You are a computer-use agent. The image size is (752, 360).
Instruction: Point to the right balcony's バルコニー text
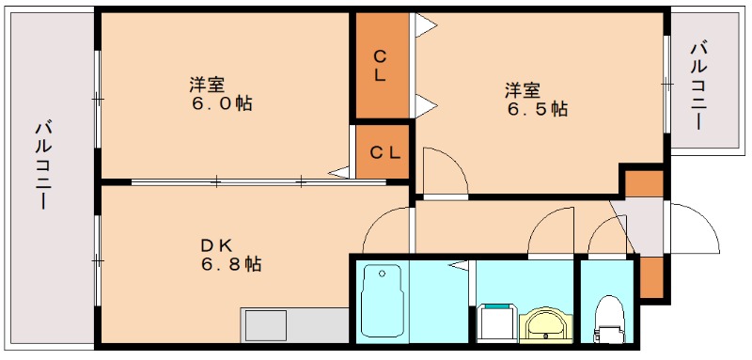click(x=700, y=85)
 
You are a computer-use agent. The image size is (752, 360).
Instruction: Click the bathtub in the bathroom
click(x=382, y=300)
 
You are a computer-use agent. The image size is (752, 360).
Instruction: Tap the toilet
click(x=610, y=320)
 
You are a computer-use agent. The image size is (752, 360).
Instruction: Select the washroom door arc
click(x=550, y=230)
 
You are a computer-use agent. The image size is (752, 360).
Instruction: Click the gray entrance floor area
click(x=647, y=226)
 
